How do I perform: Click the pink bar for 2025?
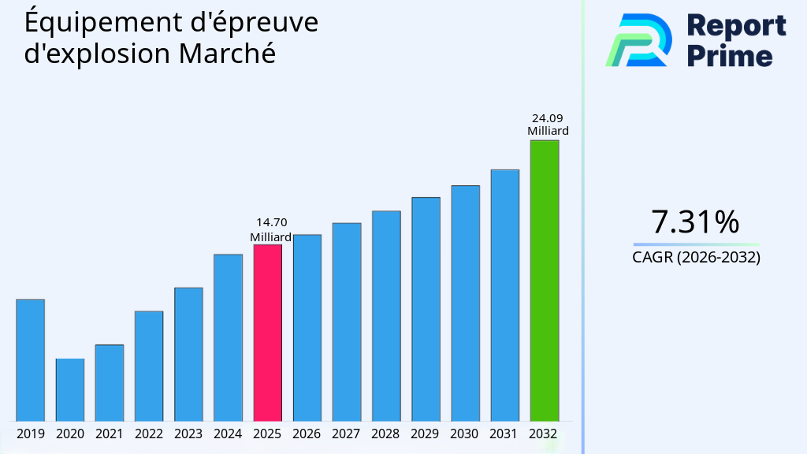pyautogui.click(x=267, y=333)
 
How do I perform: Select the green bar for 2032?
pyautogui.click(x=544, y=281)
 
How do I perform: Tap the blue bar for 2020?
pyautogui.click(x=70, y=389)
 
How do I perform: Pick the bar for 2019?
pyautogui.click(x=30, y=360)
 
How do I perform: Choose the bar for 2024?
pyautogui.click(x=228, y=337)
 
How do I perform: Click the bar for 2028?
pyautogui.click(x=386, y=315)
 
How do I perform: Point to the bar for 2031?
pyautogui.click(x=504, y=295)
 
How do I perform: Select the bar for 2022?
pyautogui.click(x=149, y=366)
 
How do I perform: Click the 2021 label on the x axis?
pyautogui.click(x=110, y=434)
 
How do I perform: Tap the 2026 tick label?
pyautogui.click(x=307, y=434)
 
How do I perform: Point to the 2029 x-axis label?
pyautogui.click(x=426, y=434)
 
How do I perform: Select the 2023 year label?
pyautogui.click(x=188, y=434)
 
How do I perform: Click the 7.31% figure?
pyautogui.click(x=695, y=222)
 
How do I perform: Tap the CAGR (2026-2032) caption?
pyautogui.click(x=696, y=257)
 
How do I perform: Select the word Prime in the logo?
pyautogui.click(x=729, y=55)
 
